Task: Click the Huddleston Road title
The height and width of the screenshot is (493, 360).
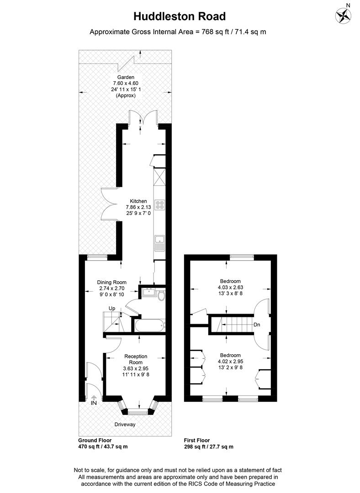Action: coord(180,17)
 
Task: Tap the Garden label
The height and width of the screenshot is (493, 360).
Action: coord(126,77)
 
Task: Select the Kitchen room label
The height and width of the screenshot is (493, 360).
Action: coord(138,201)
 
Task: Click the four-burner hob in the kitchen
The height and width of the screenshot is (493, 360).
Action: coord(160,205)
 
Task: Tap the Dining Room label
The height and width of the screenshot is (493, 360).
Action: coord(111,282)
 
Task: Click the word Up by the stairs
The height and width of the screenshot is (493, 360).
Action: coord(111,309)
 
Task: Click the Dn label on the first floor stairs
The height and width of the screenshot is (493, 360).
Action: coord(257,325)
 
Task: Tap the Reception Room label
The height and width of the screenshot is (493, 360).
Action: coord(135,359)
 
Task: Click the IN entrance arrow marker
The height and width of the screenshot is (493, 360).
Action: coord(95,401)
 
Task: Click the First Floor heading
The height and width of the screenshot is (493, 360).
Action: coord(197,440)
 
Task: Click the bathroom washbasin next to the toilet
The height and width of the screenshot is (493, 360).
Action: coord(148,292)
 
